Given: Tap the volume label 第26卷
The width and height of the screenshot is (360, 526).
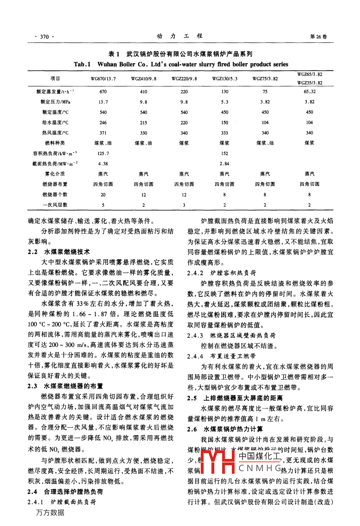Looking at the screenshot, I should click(x=318, y=37).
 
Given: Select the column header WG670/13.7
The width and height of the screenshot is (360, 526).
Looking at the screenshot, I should click(x=103, y=79).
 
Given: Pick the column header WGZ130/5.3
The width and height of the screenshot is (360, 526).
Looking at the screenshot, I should click(x=225, y=79).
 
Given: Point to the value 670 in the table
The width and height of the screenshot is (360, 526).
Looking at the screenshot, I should click(x=103, y=92).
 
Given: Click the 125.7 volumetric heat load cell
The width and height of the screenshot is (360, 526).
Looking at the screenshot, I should click(x=103, y=153).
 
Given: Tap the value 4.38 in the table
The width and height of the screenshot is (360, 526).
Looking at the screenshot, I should click(x=103, y=164).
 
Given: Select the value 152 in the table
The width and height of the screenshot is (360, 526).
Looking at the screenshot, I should click(x=225, y=153).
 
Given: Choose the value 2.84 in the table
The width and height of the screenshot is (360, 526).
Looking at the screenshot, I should click(x=225, y=164).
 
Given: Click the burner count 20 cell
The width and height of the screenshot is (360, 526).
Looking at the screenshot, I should click(x=103, y=195).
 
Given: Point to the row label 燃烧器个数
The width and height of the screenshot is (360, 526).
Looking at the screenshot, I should click(x=55, y=195).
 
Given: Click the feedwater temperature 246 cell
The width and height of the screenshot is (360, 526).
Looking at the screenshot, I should click(x=103, y=123).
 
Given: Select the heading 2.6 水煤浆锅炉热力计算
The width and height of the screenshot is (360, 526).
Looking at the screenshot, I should click(x=225, y=429).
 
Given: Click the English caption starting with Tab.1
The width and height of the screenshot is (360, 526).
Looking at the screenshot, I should click(x=181, y=64).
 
